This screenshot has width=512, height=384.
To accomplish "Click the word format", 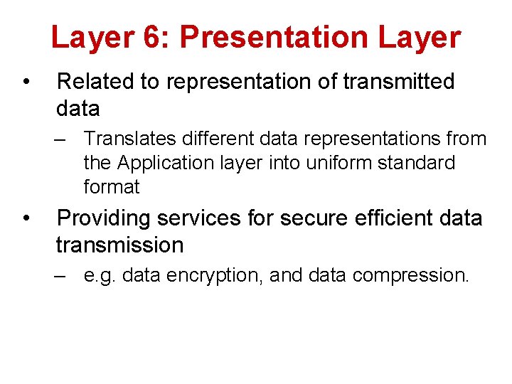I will (x=112, y=188).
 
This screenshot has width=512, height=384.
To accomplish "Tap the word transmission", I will (x=119, y=245).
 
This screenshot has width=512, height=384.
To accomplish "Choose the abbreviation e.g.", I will (x=100, y=275).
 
